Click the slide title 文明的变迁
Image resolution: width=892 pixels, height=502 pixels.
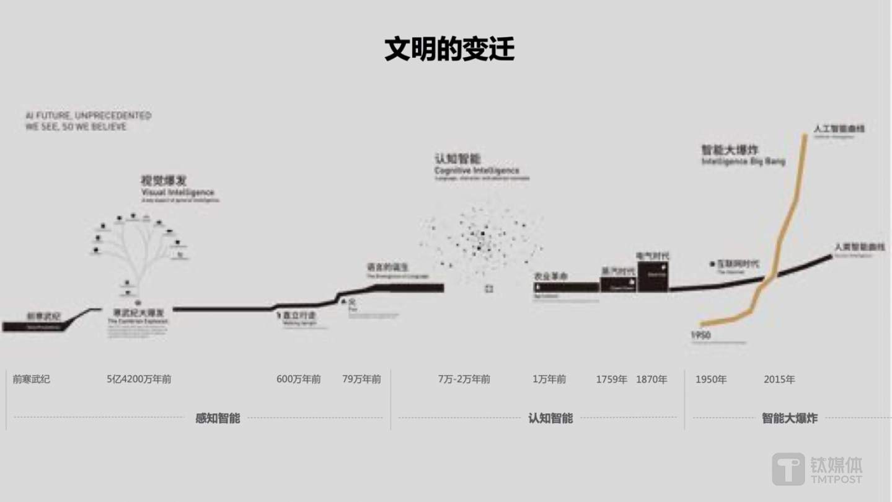coord(449,49)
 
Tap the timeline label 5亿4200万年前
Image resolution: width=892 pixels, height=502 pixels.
coord(139,379)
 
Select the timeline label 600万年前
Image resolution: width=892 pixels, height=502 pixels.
coord(298,379)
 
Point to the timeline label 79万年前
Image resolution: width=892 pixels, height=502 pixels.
coord(361,379)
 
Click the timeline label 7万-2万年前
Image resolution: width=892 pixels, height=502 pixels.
coord(464,379)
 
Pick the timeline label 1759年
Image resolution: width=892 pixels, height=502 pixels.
coord(611,379)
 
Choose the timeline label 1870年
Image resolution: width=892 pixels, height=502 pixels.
coord(651,379)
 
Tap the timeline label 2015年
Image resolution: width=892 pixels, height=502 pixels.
coord(779,379)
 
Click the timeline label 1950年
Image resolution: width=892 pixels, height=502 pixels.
coord(710,379)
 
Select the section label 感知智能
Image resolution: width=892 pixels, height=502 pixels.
coord(218,418)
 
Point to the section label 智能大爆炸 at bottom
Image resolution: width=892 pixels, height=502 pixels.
coord(789,418)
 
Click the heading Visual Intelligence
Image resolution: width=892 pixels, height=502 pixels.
coord(177,192)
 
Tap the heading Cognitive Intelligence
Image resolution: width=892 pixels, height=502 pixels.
coord(477,170)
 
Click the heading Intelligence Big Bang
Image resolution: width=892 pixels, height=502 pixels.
coord(743,161)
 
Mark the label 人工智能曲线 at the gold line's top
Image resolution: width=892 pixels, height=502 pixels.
coord(839,129)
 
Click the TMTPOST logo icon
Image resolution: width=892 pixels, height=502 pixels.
coord(788,468)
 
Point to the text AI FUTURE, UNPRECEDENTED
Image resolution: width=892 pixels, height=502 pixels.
coord(88,115)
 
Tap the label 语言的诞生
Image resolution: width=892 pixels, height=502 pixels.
coord(387,267)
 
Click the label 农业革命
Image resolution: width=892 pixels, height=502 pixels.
coord(550,276)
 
